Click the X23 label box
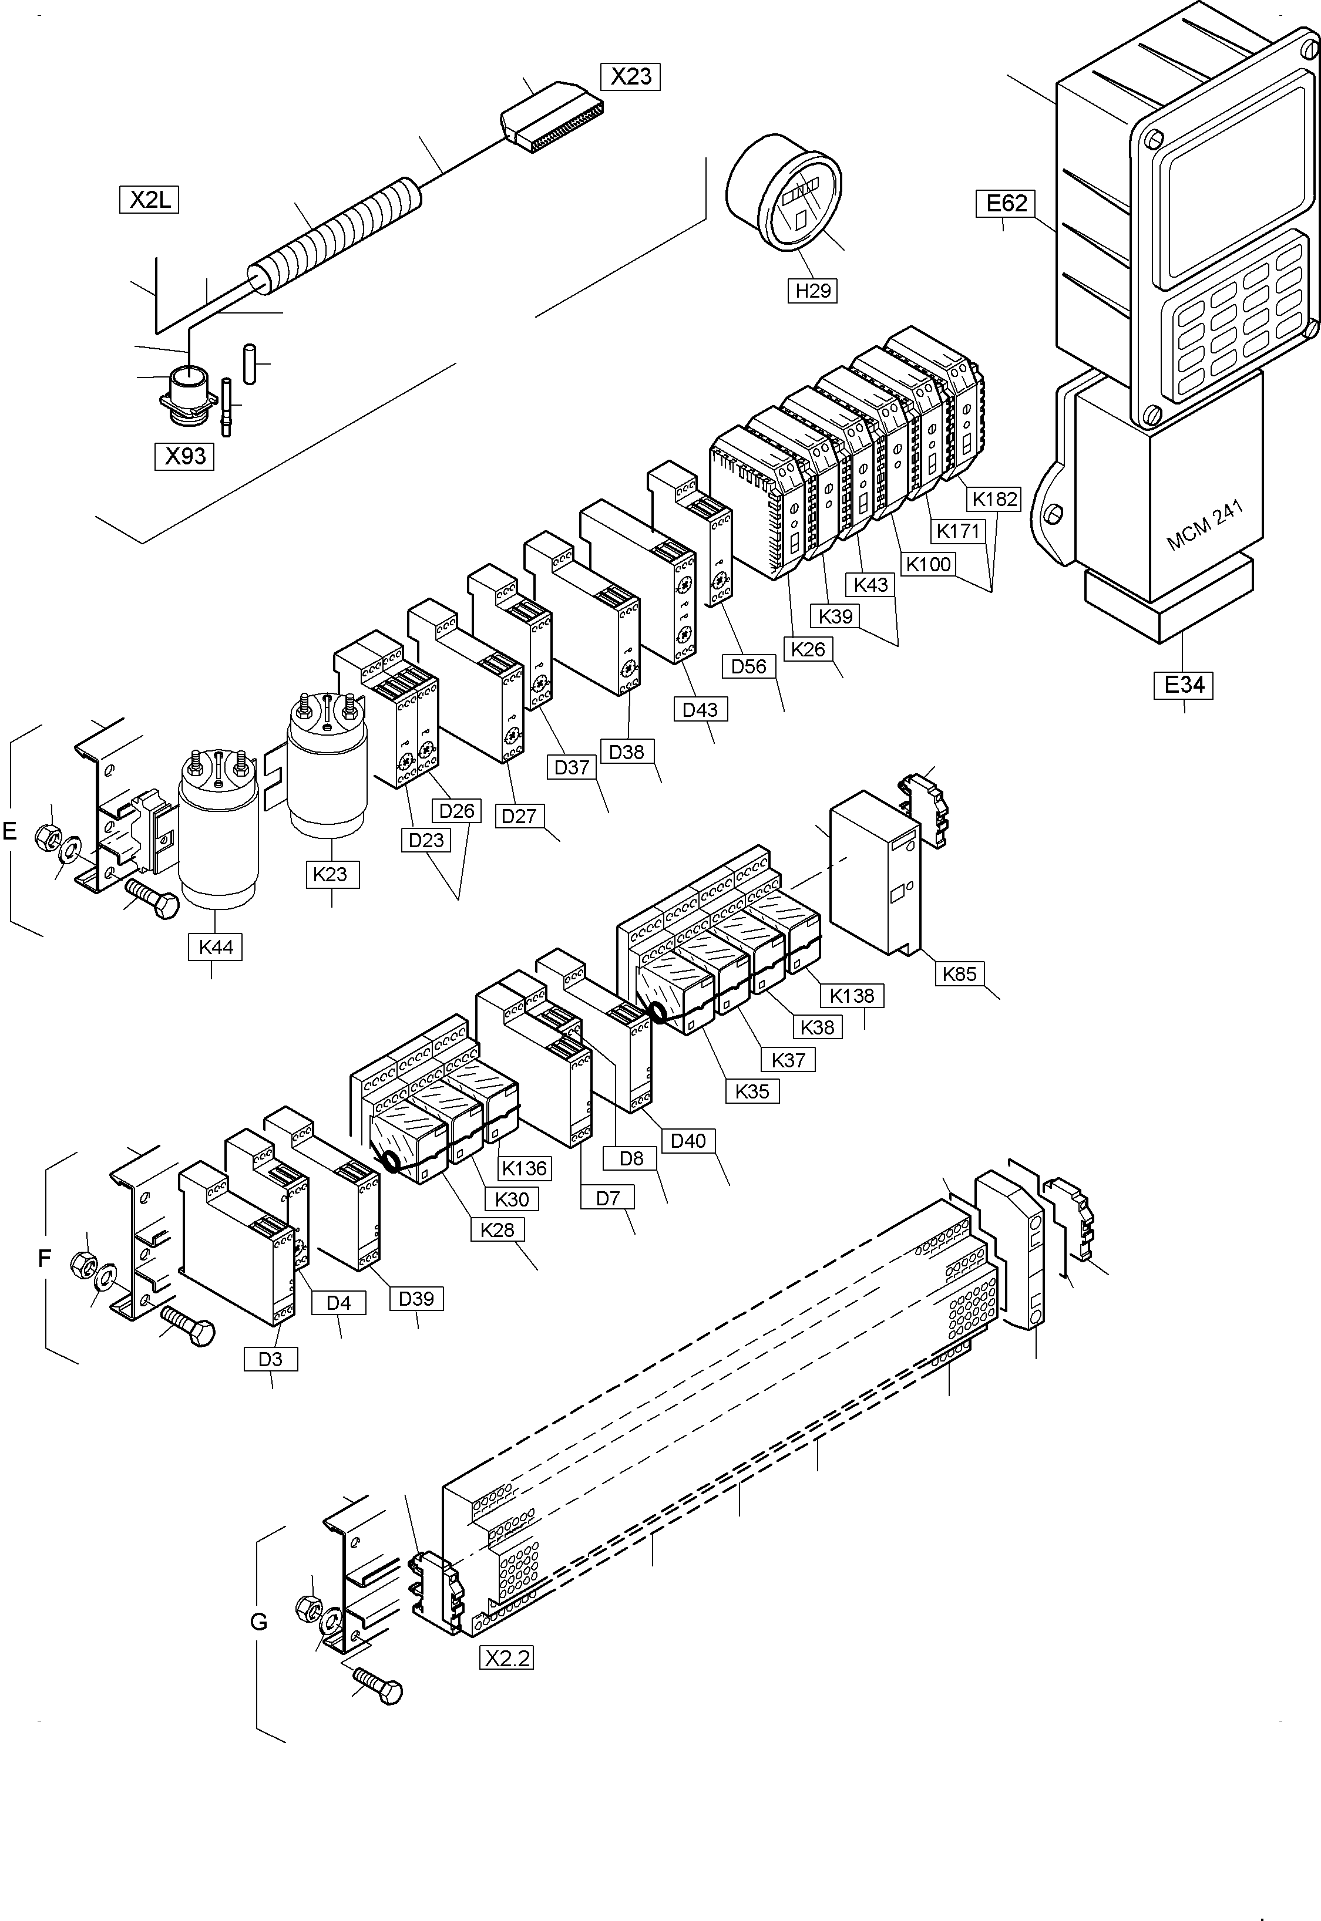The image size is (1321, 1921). [631, 77]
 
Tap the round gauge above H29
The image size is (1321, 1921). [784, 192]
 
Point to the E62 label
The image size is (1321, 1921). [1007, 204]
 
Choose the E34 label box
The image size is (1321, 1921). [1184, 685]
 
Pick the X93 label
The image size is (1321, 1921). [184, 457]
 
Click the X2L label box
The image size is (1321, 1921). [149, 200]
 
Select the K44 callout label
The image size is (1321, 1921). [215, 947]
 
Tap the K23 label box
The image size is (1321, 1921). [331, 874]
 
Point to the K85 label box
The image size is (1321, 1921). [959, 975]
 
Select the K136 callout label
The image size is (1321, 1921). [525, 1168]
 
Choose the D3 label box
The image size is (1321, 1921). [271, 1359]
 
